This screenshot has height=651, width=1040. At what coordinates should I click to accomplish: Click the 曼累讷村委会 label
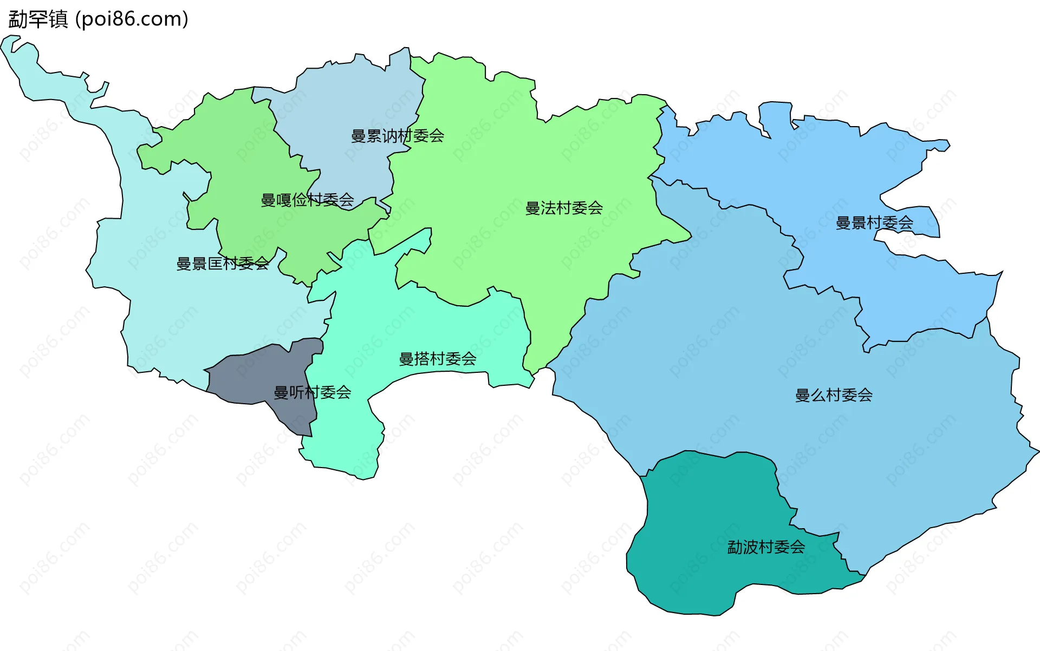point(398,136)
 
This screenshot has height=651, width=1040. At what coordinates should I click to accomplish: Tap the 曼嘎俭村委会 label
point(307,200)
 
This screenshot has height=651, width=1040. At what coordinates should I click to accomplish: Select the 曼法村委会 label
point(564,208)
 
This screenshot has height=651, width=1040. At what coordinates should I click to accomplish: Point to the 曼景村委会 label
point(874,223)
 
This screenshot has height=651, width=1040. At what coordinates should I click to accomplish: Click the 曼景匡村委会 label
point(223,264)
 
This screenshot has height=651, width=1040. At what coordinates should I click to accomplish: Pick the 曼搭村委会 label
point(438,359)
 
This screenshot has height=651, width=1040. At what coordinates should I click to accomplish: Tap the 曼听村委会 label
point(313,392)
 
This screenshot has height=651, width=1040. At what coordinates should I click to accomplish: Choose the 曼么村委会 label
point(834,395)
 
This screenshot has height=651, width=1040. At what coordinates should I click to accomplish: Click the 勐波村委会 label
point(766,547)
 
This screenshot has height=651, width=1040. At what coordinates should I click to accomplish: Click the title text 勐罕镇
point(38,19)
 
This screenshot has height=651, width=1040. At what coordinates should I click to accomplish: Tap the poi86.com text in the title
point(132,19)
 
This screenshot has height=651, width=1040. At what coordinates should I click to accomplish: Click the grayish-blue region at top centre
point(347,97)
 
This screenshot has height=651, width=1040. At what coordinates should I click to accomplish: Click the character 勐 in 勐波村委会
point(734,547)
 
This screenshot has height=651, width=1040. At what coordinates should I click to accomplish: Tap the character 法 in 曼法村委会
point(548,208)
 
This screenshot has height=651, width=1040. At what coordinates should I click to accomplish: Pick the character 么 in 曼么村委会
point(818,395)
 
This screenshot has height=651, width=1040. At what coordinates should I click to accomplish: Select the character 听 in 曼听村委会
point(297,392)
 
